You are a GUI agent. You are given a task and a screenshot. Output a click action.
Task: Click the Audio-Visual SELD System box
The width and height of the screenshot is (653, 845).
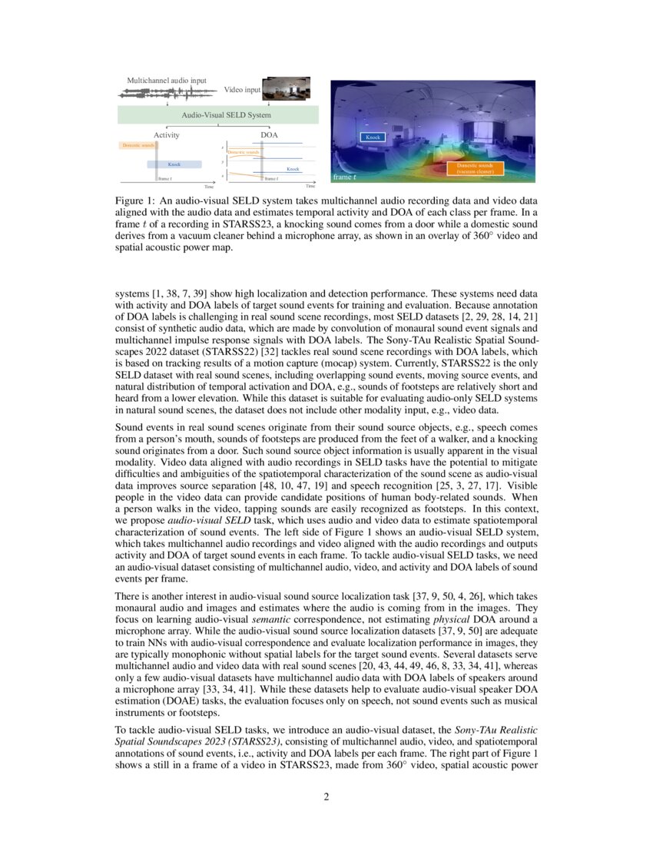click(217, 115)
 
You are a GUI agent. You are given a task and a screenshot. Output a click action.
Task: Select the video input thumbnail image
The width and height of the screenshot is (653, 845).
click(286, 88)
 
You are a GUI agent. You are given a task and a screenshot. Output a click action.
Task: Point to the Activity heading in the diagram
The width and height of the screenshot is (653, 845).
click(166, 135)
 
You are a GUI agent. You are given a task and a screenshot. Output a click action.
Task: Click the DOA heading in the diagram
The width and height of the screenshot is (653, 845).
click(269, 135)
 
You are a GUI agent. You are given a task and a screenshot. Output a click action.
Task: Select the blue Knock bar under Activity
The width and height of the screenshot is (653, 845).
click(174, 164)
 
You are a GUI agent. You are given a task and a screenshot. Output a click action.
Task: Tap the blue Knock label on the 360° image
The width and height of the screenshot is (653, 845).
click(373, 137)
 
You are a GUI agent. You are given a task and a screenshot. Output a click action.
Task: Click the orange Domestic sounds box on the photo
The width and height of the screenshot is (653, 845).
click(475, 168)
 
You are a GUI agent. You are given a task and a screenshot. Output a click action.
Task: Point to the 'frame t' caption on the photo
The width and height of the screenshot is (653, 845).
click(343, 177)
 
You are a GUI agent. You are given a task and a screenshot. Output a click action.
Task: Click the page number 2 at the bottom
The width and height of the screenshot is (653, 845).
click(326, 797)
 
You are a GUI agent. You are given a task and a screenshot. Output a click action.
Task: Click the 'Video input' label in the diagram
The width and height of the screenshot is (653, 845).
click(242, 91)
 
